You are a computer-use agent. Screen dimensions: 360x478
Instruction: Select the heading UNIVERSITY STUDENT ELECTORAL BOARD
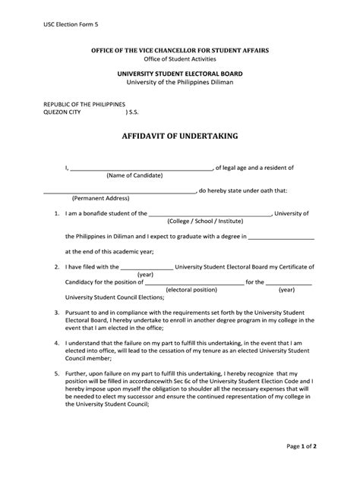click(180, 72)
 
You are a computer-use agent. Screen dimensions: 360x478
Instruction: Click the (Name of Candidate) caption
click(134, 175)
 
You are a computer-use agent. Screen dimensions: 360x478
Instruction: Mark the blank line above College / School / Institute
click(209, 215)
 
